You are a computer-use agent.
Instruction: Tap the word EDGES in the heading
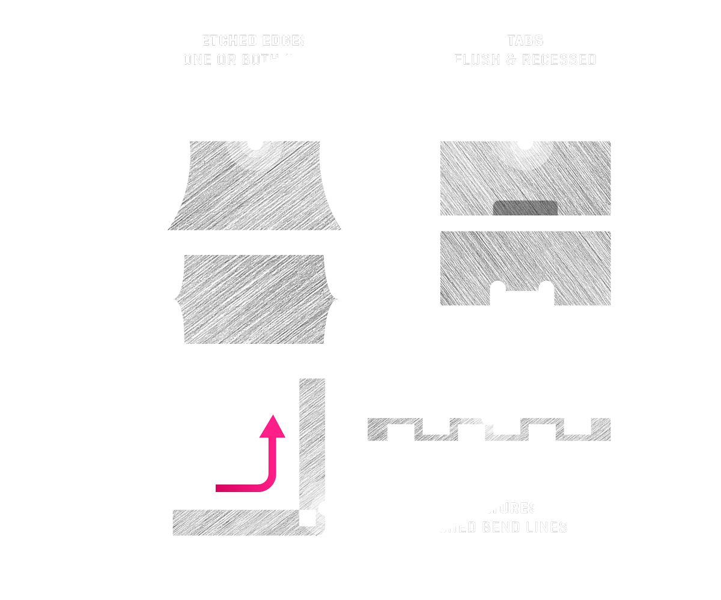(288, 41)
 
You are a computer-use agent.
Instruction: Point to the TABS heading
(525, 41)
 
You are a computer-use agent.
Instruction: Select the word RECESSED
(559, 60)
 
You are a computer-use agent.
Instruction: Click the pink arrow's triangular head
(275, 427)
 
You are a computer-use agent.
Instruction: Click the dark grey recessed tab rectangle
(525, 208)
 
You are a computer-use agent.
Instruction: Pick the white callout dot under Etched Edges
(255, 144)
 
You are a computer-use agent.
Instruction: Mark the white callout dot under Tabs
(525, 144)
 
